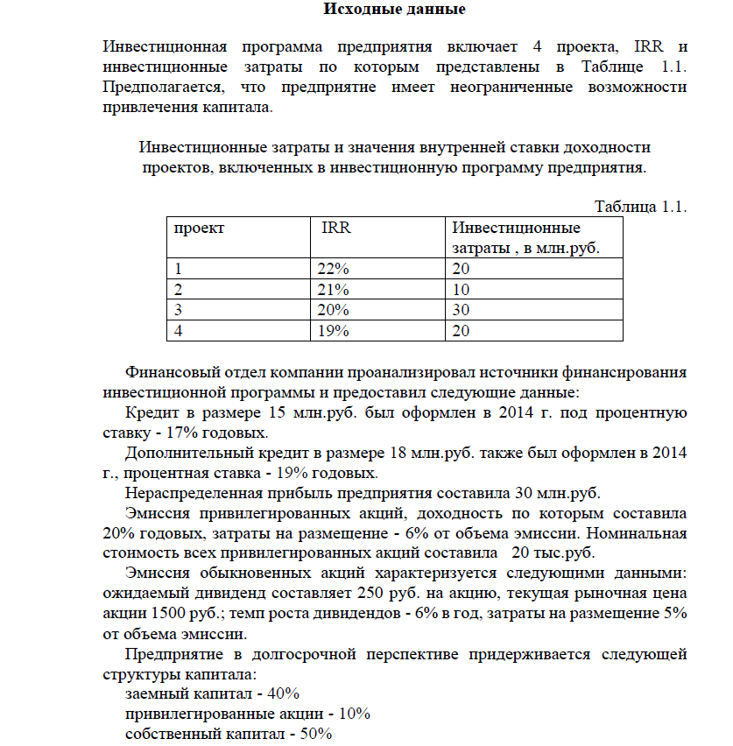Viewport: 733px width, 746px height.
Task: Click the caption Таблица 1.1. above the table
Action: tap(640, 207)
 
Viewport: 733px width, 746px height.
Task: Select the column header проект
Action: tap(199, 229)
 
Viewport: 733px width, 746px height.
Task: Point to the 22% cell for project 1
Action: tap(334, 270)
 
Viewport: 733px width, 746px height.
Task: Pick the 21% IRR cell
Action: tap(334, 290)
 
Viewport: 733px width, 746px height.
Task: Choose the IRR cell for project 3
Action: tap(334, 310)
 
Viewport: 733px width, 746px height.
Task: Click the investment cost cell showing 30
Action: tap(462, 310)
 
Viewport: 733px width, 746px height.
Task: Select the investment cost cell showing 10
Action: tap(462, 290)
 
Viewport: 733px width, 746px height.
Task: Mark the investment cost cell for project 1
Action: tap(462, 270)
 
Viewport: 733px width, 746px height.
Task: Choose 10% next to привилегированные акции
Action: tap(355, 714)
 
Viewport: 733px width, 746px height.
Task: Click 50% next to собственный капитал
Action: tap(316, 735)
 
